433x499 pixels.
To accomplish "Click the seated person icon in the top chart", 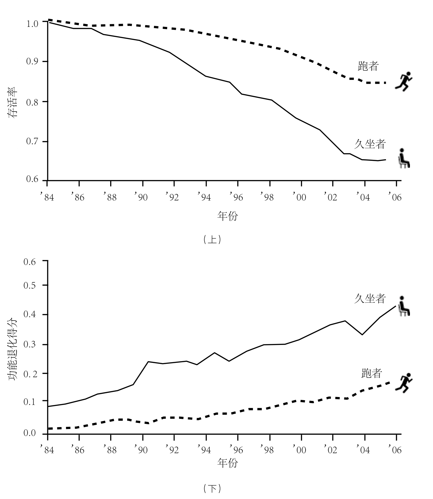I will click(x=404, y=158).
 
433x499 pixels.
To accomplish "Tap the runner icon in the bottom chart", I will click(x=404, y=383).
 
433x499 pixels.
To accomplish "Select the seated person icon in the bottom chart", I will click(x=404, y=306).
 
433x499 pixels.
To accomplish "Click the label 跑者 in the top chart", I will click(x=368, y=66).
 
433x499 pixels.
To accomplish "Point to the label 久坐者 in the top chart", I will click(x=370, y=144).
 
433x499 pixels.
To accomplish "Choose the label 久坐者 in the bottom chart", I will click(x=370, y=299).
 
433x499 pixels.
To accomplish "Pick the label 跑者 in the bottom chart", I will click(x=372, y=373).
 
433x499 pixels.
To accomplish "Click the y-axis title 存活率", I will click(x=13, y=102).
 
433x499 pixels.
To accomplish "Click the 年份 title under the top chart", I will click(x=228, y=216).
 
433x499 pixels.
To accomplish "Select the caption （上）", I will click(x=212, y=240).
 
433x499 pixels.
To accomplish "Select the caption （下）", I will click(x=212, y=488).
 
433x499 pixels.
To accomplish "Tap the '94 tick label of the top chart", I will click(x=204, y=197).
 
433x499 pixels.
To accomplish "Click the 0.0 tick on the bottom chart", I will click(x=30, y=433).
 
